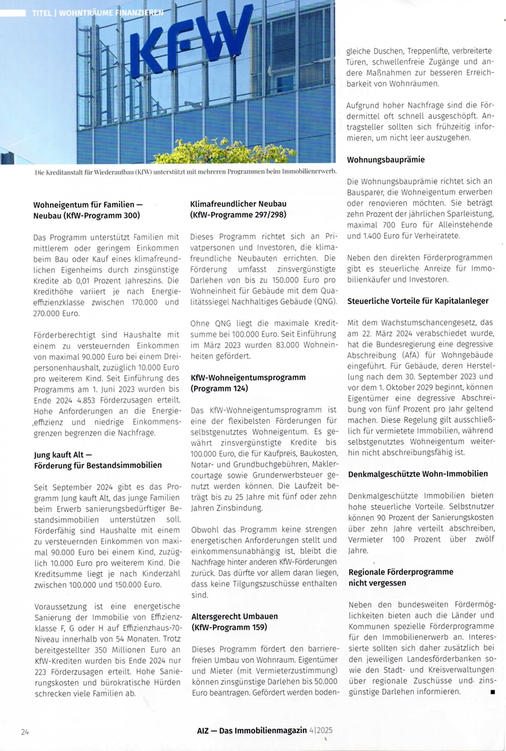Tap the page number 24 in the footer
coord(25,732)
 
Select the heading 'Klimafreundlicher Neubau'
coord(238,204)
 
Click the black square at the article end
coord(493,692)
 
